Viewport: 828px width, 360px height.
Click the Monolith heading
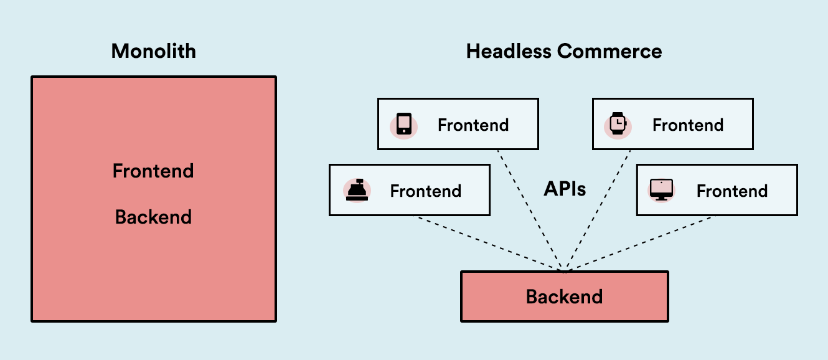[x=153, y=51]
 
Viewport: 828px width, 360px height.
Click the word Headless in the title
[x=504, y=51]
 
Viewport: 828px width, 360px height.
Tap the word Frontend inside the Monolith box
[x=153, y=171]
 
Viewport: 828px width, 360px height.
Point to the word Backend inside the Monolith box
[x=153, y=217]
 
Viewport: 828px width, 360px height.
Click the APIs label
[x=565, y=189]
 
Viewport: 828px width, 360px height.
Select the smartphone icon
[x=404, y=124]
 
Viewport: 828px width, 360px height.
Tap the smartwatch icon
[x=618, y=124]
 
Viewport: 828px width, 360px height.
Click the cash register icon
[x=357, y=190]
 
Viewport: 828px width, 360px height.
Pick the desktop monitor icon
[x=661, y=190]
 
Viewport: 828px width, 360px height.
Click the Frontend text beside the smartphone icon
[x=473, y=125]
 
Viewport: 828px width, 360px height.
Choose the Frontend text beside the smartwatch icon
[x=687, y=125]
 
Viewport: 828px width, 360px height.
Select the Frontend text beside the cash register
[x=425, y=191]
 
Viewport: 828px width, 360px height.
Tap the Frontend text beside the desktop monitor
[x=732, y=191]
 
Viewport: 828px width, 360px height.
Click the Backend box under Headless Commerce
[x=564, y=296]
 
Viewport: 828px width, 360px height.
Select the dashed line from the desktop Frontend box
[x=638, y=244]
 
